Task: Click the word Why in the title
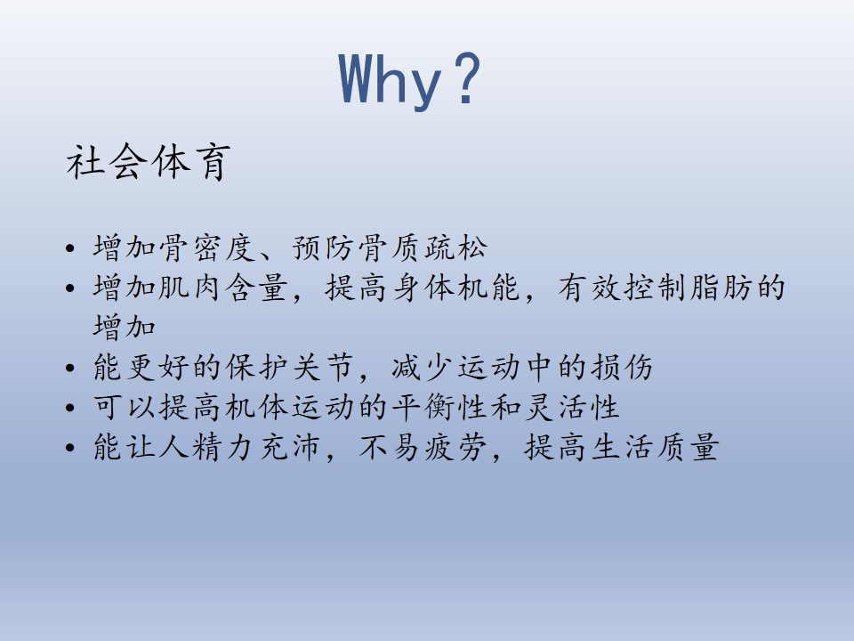390,79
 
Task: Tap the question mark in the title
468,78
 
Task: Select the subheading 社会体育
149,162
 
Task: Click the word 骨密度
207,247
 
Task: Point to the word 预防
324,247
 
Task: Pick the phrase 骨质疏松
423,247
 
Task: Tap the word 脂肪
721,288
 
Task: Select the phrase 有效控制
622,288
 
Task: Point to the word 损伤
622,367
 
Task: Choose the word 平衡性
439,407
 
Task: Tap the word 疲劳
455,447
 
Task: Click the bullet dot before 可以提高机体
69,407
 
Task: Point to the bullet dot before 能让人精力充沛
69,448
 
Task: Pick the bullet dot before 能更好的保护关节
69,368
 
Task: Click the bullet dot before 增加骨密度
69,248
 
